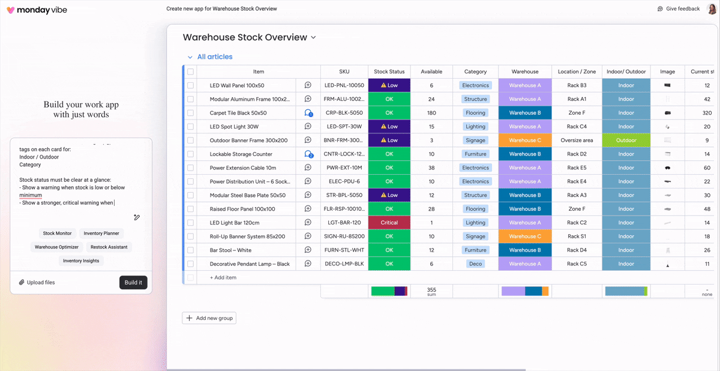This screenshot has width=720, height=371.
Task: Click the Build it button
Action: (133, 282)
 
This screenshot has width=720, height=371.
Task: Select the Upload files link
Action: (37, 282)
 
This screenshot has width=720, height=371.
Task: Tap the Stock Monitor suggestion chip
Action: (57, 233)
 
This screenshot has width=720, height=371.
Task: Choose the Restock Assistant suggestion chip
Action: (109, 247)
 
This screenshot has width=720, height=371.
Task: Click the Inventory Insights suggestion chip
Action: (81, 261)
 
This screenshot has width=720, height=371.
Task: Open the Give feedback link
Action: (679, 9)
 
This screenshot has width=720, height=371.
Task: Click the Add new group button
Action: (209, 318)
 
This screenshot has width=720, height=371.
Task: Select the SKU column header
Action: (344, 71)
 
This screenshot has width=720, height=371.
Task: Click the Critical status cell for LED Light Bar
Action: (389, 223)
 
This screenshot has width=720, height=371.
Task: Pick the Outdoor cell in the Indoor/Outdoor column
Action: (626, 140)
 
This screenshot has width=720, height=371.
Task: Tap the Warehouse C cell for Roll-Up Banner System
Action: (525, 237)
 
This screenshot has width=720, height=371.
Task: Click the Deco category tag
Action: (475, 264)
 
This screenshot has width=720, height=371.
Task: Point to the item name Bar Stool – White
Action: (230, 250)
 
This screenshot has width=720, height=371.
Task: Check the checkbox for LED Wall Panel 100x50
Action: (191, 85)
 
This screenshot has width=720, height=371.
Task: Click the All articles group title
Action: (215, 57)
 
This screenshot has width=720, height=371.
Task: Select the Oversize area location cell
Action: (577, 140)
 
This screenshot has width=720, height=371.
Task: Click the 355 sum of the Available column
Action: (431, 291)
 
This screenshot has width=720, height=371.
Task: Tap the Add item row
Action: (223, 277)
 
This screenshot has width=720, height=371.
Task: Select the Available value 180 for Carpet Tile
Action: (431, 113)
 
